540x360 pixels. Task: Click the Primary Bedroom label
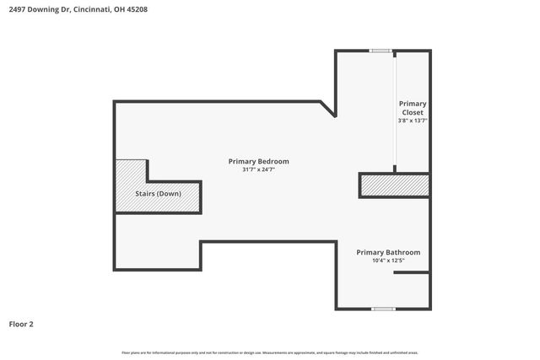(x=258, y=161)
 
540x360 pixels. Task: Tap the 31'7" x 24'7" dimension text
(x=258, y=169)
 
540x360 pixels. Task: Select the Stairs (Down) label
(x=158, y=194)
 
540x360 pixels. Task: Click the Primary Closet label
(x=413, y=108)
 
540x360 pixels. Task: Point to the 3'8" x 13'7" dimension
(x=413, y=121)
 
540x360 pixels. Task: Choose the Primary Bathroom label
(x=387, y=252)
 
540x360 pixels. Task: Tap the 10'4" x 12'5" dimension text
(x=387, y=261)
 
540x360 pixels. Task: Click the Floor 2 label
(x=21, y=324)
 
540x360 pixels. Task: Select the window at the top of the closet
(x=381, y=51)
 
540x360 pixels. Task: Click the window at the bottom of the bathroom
(x=383, y=309)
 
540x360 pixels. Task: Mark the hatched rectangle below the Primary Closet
(x=395, y=185)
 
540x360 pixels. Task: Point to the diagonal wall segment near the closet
(x=327, y=109)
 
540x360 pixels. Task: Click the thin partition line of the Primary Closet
(x=397, y=110)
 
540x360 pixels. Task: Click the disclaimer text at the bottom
(x=269, y=352)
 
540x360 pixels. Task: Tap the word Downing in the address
(x=42, y=10)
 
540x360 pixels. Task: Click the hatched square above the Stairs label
(x=131, y=171)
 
